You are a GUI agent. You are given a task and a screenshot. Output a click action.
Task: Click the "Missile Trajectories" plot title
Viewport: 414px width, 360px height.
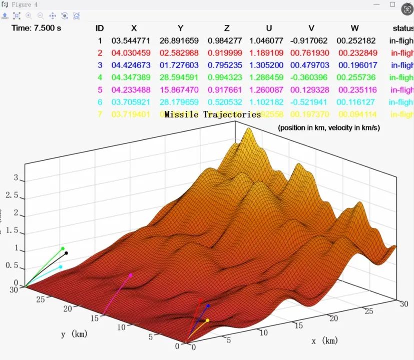point(213,114)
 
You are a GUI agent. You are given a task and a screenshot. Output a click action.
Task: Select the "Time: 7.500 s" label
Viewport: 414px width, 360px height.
point(36,28)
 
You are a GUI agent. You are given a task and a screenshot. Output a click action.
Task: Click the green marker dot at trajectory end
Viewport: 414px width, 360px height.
point(63,248)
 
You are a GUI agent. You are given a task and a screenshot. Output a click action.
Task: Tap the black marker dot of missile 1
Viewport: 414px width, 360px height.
point(66,253)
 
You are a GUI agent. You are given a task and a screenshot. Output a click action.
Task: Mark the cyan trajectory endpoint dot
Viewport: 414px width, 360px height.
point(61,267)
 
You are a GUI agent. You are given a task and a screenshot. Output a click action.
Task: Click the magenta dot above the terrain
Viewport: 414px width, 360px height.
point(131,275)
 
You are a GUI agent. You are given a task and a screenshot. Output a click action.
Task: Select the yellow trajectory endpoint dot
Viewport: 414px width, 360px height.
point(207,320)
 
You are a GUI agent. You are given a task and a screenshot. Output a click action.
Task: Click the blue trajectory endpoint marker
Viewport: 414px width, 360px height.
point(208,305)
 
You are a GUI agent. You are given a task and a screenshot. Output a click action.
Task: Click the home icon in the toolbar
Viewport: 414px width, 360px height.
point(77,15)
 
